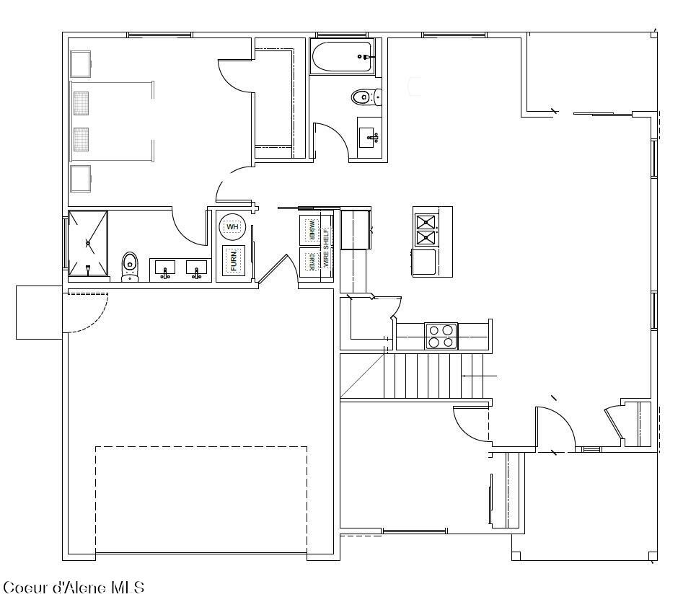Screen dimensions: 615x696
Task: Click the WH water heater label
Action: [232, 227]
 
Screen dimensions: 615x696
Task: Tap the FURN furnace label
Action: [234, 260]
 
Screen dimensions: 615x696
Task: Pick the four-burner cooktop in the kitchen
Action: [441, 335]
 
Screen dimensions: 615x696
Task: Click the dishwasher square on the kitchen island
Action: [423, 262]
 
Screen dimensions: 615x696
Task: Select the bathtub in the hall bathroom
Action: [342, 56]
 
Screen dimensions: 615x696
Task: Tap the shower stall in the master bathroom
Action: [88, 244]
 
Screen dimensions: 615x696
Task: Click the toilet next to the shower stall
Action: [130, 265]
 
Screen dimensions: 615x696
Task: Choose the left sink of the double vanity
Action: [165, 269]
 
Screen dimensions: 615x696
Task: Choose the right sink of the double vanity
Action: [195, 269]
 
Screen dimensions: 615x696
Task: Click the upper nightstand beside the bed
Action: [80, 63]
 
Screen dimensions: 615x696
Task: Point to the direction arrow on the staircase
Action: [479, 376]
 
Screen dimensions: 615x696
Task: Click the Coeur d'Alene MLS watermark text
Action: [74, 588]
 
